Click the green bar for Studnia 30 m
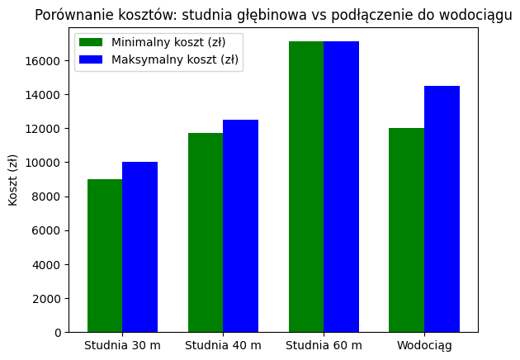click(x=105, y=256)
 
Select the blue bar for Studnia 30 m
click(x=139, y=247)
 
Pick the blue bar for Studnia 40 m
click(x=240, y=226)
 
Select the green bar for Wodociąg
click(x=406, y=230)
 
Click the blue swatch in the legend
click(x=92, y=59)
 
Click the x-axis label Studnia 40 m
click(x=223, y=345)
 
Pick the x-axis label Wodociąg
click(x=424, y=345)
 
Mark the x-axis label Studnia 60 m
click(x=324, y=345)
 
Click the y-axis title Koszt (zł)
click(x=13, y=179)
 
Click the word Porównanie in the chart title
click(x=72, y=16)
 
